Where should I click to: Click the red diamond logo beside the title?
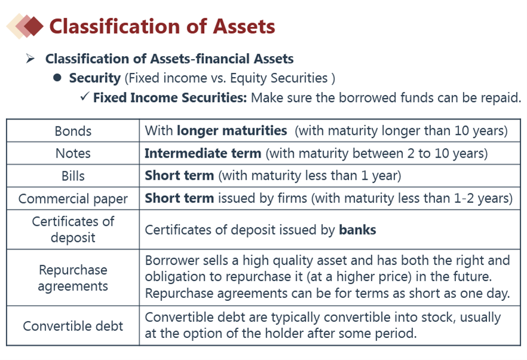click(25, 26)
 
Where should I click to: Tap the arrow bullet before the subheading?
click(30, 59)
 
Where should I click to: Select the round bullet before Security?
click(57, 78)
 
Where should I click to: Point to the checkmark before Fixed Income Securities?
click(85, 97)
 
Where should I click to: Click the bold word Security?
click(95, 78)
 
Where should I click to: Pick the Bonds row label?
click(73, 131)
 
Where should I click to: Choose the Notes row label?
click(73, 153)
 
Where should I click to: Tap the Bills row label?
click(73, 176)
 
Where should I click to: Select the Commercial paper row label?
click(73, 199)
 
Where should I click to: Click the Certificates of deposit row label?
click(73, 230)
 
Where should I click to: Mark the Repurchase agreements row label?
click(73, 278)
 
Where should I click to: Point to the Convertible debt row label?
click(73, 326)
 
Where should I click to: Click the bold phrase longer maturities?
click(232, 130)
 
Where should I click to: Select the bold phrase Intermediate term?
click(203, 153)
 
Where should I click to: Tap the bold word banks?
click(358, 230)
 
